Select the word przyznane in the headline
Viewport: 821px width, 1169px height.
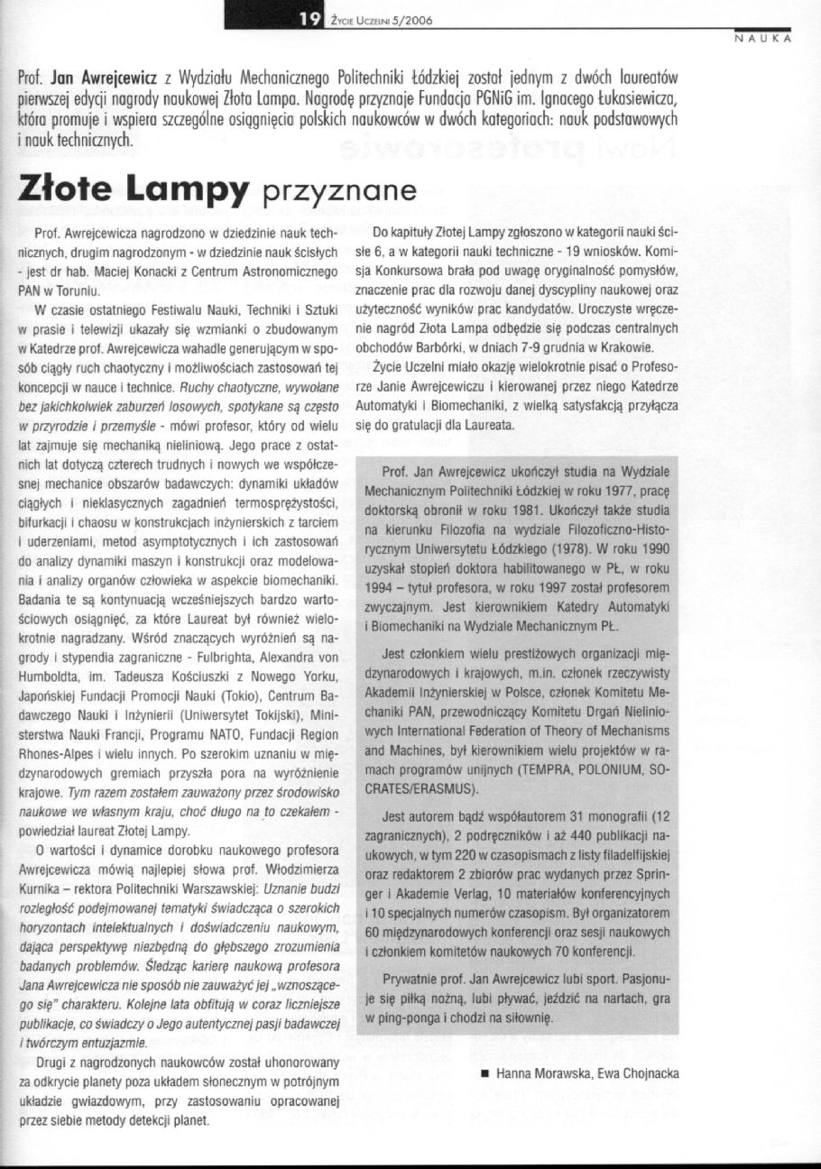(x=337, y=191)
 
